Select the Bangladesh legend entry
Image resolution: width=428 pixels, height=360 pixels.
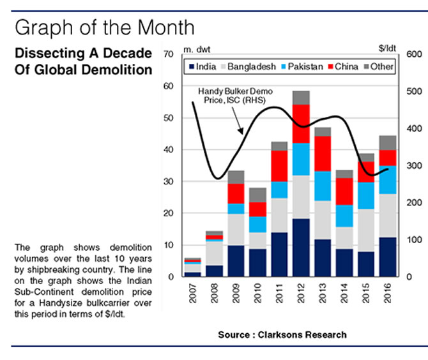(x=251, y=66)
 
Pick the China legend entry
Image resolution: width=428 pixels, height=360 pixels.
(x=344, y=66)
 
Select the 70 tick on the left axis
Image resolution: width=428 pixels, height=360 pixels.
(x=168, y=54)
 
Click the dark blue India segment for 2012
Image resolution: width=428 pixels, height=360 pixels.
(x=301, y=248)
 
